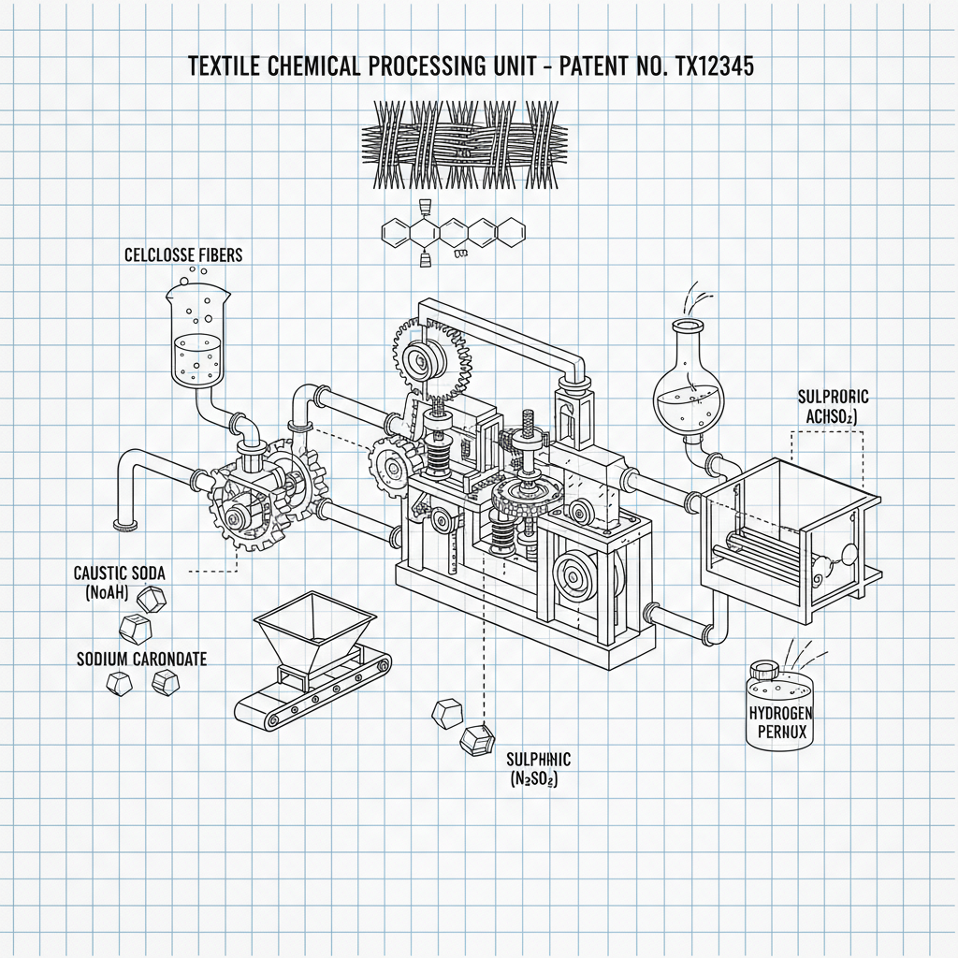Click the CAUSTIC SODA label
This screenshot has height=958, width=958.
[x=119, y=573]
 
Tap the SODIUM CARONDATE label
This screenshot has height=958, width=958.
[x=141, y=659]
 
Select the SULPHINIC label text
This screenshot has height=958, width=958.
[x=538, y=760]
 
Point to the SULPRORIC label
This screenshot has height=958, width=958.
[x=833, y=397]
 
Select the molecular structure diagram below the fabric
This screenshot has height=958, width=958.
[x=453, y=232]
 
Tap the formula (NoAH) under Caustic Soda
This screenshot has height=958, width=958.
[x=112, y=591]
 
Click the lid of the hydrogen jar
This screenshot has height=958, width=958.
[x=764, y=669]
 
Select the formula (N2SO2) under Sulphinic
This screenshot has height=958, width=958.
[x=534, y=778]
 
